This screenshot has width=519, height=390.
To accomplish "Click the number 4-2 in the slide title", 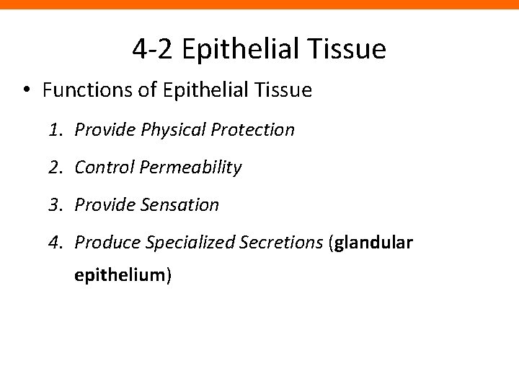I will (154, 49).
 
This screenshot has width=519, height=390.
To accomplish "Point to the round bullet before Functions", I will (26, 91).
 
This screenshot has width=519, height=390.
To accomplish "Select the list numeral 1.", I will (56, 130).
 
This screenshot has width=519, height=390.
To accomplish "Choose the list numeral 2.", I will (56, 168).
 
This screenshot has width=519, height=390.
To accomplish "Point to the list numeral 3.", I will (56, 205).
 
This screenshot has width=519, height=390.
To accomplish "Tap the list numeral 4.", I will (56, 243).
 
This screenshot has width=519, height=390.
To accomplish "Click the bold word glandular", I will (373, 243).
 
